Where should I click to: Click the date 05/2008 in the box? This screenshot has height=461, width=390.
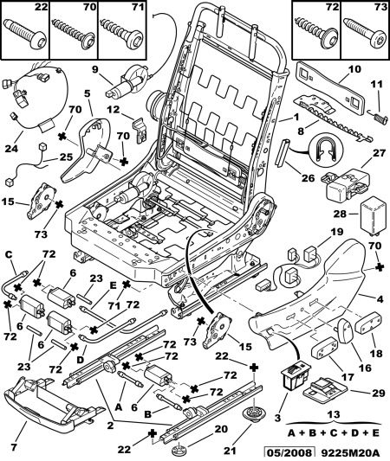click(x=289, y=453)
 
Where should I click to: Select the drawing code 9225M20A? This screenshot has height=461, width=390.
click(x=349, y=453)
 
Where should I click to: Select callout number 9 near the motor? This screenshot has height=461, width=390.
click(x=94, y=70)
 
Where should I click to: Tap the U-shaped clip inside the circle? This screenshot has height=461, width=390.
click(x=326, y=149)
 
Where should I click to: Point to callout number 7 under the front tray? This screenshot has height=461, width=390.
click(x=14, y=447)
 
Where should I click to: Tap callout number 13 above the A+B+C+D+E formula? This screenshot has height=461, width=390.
click(x=334, y=414)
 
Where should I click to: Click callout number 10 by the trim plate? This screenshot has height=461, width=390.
click(x=354, y=69)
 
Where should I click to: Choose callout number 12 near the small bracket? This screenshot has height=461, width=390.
click(x=114, y=110)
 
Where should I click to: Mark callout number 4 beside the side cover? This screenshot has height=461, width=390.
click(x=380, y=299)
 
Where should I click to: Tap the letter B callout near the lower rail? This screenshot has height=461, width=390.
click(x=148, y=414)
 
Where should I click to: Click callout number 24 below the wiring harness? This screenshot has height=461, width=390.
click(x=11, y=149)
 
